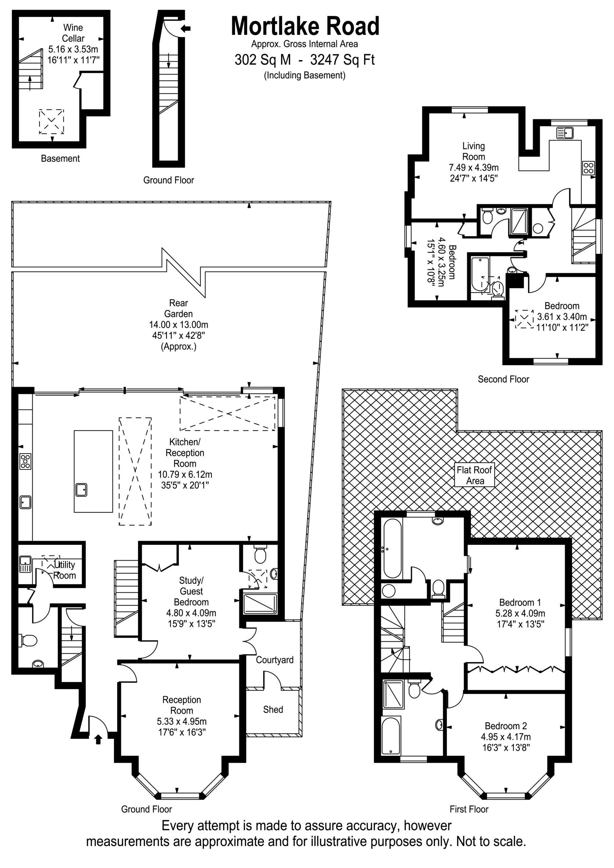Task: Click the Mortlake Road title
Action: [305, 26]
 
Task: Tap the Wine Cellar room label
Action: [73, 33]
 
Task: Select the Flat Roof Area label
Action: [474, 475]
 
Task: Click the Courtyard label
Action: [275, 660]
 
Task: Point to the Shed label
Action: [273, 709]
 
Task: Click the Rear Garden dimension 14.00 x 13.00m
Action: [178, 324]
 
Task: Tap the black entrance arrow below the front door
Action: [98, 739]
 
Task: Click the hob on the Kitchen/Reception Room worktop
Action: [25, 461]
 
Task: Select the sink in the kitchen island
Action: [81, 490]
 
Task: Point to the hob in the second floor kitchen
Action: [588, 167]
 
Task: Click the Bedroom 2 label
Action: [506, 726]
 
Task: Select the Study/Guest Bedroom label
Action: [191, 591]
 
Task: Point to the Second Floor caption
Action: [503, 379]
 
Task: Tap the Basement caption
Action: [60, 158]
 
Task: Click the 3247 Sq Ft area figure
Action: [342, 60]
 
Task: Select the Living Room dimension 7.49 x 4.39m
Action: [474, 167]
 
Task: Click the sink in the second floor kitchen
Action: [565, 133]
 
